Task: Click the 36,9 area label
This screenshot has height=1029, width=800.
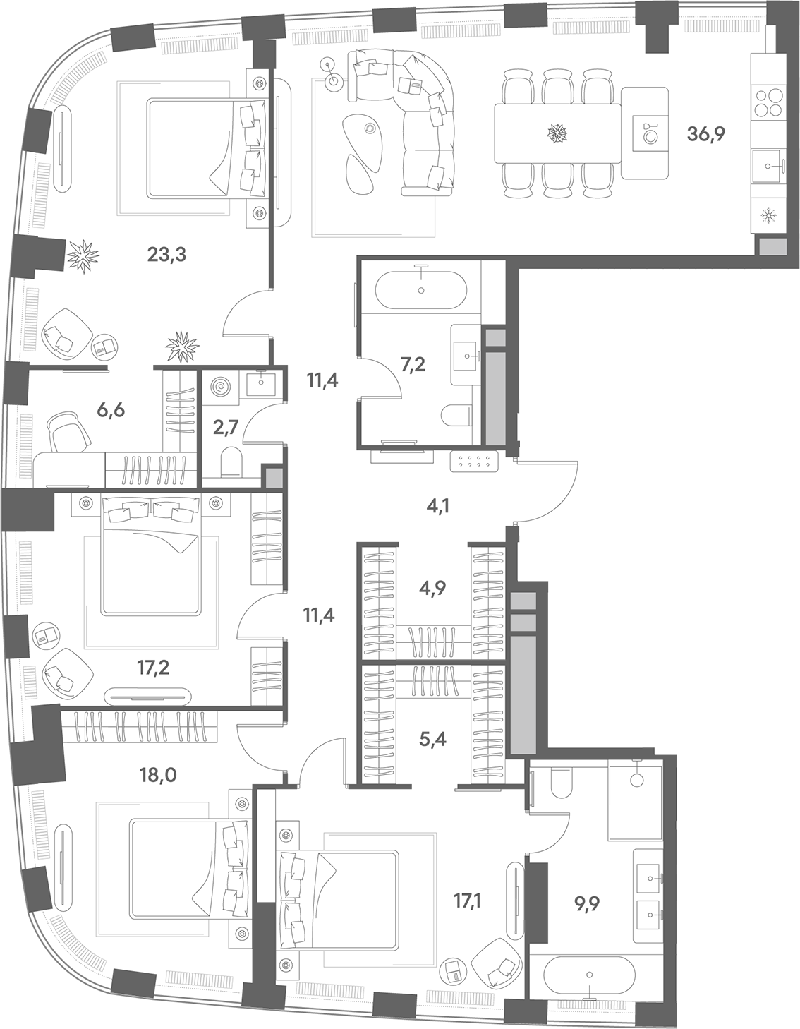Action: coord(705,134)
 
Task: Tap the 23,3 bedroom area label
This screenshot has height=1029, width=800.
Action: coord(166,255)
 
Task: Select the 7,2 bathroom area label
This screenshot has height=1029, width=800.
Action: coord(413,365)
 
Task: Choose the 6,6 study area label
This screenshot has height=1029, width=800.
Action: coord(111,410)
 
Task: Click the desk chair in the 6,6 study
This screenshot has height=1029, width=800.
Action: coord(70,431)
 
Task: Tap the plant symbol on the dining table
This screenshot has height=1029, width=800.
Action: coord(557,133)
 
